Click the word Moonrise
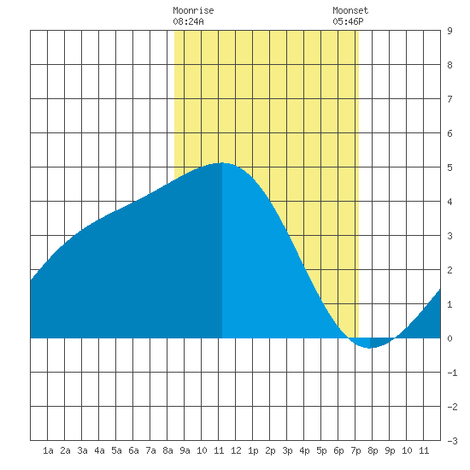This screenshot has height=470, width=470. (193, 10)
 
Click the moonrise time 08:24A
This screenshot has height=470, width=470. (188, 21)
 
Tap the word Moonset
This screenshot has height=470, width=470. (350, 10)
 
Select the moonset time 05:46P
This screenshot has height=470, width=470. (348, 21)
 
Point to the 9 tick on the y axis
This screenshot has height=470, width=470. (449, 31)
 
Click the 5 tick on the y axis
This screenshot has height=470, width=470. (449, 167)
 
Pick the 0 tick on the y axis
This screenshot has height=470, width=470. (449, 338)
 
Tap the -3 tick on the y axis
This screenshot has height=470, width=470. (452, 441)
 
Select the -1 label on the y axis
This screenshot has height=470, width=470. (452, 373)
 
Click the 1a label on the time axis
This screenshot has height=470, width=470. (48, 450)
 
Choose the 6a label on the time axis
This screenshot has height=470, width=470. (133, 450)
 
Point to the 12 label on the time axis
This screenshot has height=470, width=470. (236, 450)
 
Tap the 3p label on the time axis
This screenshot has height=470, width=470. (287, 450)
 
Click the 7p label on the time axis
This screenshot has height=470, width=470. (355, 450)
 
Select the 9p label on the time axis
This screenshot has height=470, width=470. (390, 450)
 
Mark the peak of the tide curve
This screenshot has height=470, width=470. (222, 162)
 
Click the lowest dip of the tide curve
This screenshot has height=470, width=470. (369, 349)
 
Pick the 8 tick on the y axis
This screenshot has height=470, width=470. (449, 65)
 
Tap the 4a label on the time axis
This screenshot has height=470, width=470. (99, 450)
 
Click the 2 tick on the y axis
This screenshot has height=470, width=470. (449, 270)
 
